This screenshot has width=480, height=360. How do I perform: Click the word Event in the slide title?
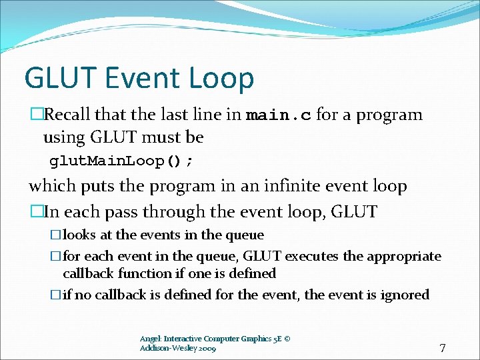pos(145,78)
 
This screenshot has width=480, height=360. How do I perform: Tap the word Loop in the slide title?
pos(224,78)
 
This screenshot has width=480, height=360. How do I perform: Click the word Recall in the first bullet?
pos(70,115)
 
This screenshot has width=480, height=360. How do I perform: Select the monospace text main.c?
pos(278,115)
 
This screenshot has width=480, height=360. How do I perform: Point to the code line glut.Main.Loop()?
pos(123,162)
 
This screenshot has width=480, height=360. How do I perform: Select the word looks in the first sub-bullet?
pos(79,235)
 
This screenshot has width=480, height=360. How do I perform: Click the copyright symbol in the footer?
pos(287,339)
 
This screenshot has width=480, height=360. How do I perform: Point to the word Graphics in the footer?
pos(243,339)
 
